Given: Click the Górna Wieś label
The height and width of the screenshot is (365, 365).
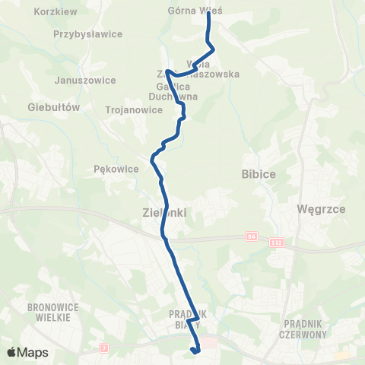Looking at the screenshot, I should coord(189,11).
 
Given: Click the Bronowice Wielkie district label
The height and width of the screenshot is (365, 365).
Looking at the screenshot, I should coord(49,312).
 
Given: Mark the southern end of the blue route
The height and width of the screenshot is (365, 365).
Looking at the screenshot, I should coord(196,351).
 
